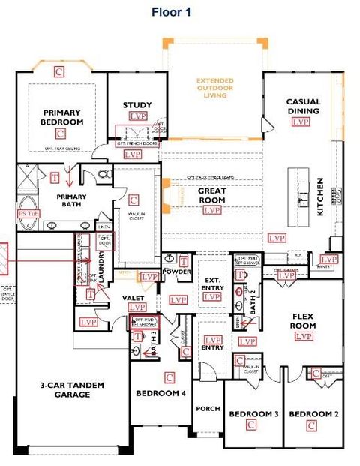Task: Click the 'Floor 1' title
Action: (x=171, y=12)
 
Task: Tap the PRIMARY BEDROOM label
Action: (x=61, y=117)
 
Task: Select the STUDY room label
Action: (x=137, y=105)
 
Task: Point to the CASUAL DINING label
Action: (x=303, y=107)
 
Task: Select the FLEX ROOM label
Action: (x=303, y=321)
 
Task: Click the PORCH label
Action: (x=208, y=409)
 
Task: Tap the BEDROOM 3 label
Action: (x=253, y=414)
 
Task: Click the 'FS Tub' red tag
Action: (x=26, y=214)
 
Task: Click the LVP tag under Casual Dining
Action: (x=301, y=122)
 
